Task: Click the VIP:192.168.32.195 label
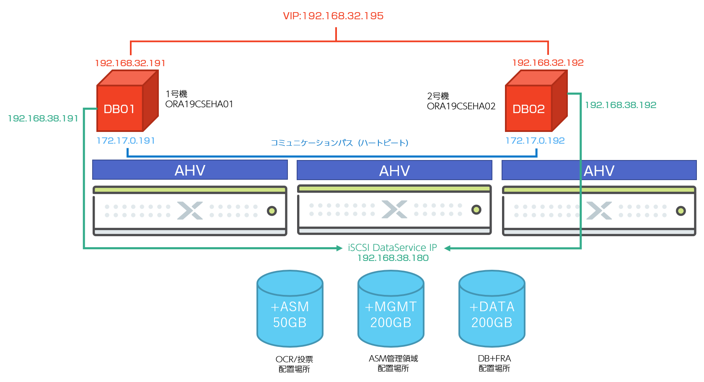(333, 16)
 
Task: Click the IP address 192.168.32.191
(130, 63)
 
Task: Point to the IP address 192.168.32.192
(548, 63)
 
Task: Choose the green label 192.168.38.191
(43, 119)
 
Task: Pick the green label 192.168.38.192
(621, 105)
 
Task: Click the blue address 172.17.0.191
(126, 141)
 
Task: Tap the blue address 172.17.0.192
(535, 141)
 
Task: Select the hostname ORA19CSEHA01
(199, 104)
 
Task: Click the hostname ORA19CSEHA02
(461, 106)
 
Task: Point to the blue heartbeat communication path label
(339, 143)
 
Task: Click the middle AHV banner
(394, 170)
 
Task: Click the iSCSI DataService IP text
(392, 248)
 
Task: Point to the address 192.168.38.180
(393, 258)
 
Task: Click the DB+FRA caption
(494, 359)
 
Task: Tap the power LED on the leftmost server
(272, 211)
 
